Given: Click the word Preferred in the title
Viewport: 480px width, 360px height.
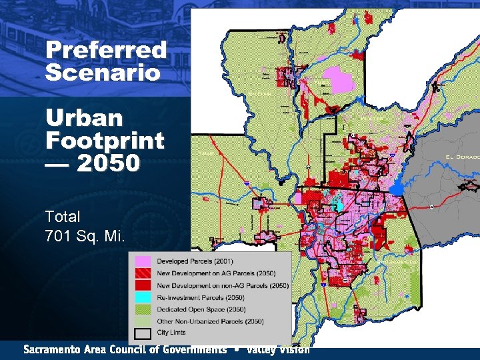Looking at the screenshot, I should tap(106, 50).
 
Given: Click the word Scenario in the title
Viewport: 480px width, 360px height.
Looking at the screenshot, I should tap(103, 72).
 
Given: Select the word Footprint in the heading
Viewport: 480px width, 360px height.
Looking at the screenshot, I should tap(105, 141).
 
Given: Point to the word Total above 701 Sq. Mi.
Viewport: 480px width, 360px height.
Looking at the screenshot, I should tap(63, 217).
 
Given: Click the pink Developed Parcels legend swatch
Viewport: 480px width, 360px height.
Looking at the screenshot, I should tap(143, 261).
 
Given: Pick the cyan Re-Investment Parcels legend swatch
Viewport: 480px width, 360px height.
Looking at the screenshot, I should tap(143, 297).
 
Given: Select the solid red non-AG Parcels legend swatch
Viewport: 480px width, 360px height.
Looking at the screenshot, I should tap(143, 285).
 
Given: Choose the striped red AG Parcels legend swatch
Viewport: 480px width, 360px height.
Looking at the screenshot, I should tap(143, 273).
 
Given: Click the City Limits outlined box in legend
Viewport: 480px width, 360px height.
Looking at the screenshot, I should tap(143, 333).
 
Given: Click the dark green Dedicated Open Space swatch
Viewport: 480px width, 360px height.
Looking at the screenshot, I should tap(143, 309).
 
